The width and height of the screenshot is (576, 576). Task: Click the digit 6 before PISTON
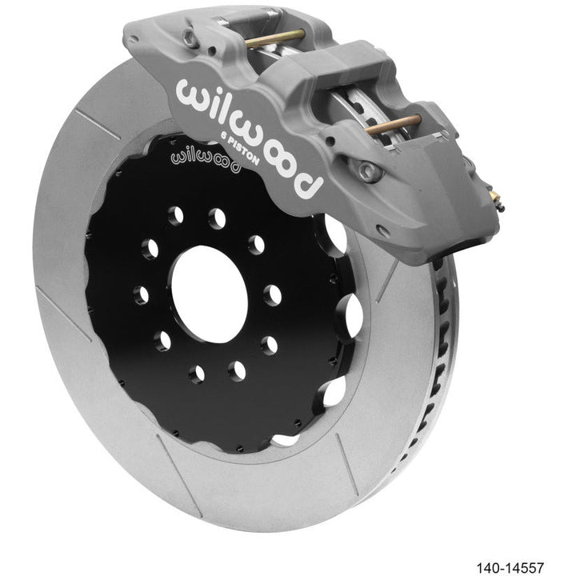click(x=224, y=134)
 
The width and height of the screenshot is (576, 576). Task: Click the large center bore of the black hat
click(x=210, y=294)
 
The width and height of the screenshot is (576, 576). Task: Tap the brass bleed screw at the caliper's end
click(x=497, y=199)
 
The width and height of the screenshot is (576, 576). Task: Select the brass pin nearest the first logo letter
click(x=274, y=39)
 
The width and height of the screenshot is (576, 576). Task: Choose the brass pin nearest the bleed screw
click(x=393, y=125)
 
